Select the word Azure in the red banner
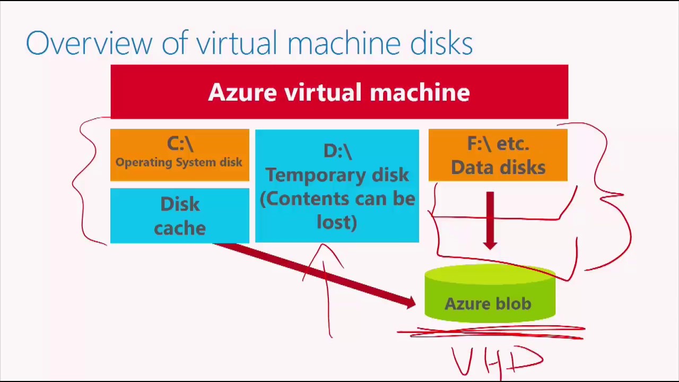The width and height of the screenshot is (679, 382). (x=242, y=92)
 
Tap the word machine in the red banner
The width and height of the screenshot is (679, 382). (x=419, y=92)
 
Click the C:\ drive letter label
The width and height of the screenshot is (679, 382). (x=179, y=144)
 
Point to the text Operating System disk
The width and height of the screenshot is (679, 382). (x=179, y=162)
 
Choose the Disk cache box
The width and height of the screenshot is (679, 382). (x=179, y=216)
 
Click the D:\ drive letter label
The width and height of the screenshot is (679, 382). (x=337, y=151)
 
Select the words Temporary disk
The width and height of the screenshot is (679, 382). (x=337, y=175)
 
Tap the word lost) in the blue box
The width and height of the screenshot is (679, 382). (x=337, y=222)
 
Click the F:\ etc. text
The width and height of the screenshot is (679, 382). (x=498, y=144)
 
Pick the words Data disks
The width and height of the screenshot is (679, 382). (x=498, y=168)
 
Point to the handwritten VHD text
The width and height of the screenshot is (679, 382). (x=497, y=361)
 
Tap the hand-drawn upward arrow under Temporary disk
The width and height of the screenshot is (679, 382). (x=326, y=286)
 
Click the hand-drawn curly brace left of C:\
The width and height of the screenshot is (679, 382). (x=85, y=180)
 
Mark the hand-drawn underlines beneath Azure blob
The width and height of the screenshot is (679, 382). (x=491, y=332)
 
